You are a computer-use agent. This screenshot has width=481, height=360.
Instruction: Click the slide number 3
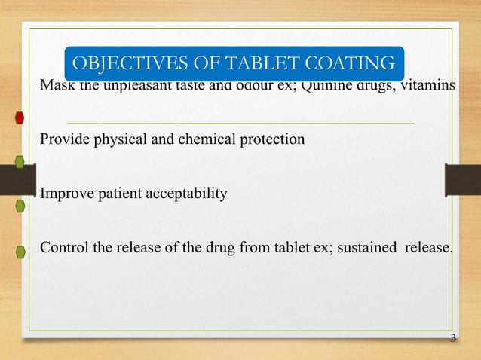pyautogui.click(x=452, y=338)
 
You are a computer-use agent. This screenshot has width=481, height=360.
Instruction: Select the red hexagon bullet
pyautogui.click(x=20, y=118)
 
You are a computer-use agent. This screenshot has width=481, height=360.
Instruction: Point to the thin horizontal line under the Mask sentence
pyautogui.click(x=241, y=122)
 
